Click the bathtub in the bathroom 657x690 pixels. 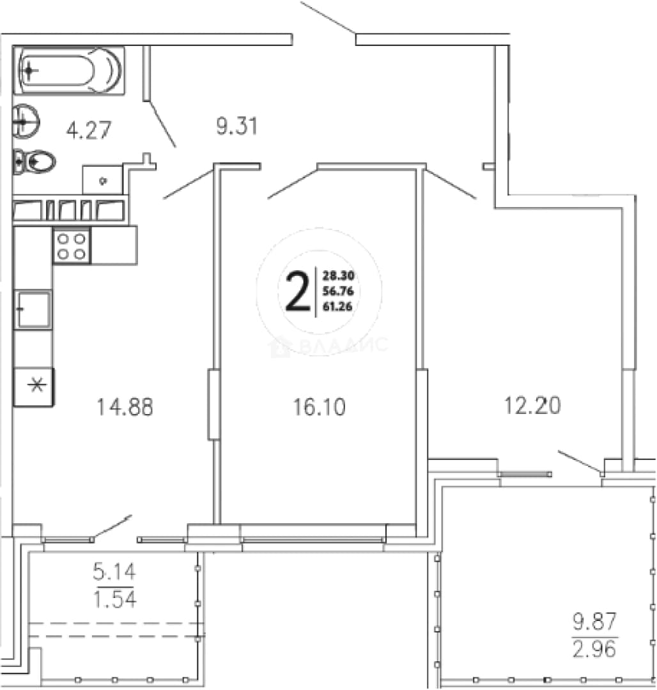69,70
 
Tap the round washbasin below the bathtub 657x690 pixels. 26,121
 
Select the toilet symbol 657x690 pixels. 34,162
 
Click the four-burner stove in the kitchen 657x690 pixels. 72,245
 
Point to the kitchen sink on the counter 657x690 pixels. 33,309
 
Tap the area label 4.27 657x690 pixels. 88,130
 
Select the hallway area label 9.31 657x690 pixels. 236,126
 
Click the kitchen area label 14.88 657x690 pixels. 125,407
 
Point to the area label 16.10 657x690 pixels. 320,407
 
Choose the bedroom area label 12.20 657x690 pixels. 532,405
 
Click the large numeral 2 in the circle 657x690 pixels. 298,291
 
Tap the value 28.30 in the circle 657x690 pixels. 338,276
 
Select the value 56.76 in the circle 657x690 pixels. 338,291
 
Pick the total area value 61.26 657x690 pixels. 337,306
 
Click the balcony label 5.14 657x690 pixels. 114,572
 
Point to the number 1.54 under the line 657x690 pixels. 115,599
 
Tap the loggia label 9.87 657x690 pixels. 594,622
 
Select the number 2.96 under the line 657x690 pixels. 594,649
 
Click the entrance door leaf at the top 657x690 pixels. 328,18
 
